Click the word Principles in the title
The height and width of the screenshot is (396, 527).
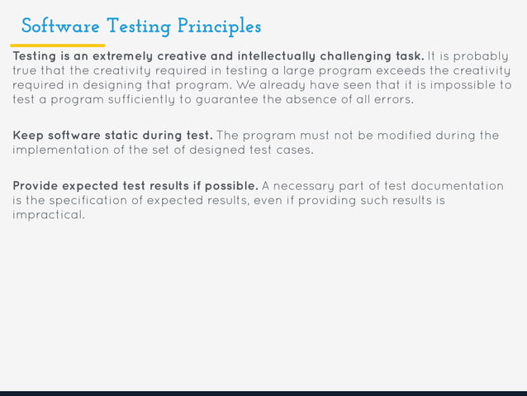point(218,27)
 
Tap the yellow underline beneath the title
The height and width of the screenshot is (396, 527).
point(58,45)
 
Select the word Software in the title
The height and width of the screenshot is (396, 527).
point(53,26)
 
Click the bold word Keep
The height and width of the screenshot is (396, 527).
point(27,136)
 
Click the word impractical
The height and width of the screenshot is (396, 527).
point(48,215)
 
